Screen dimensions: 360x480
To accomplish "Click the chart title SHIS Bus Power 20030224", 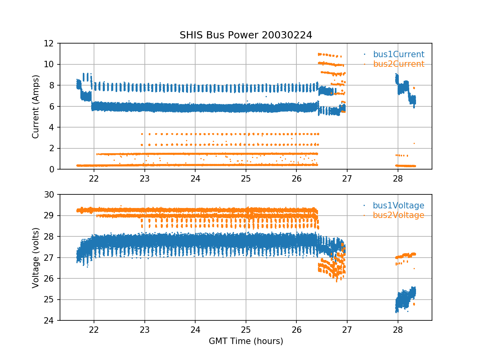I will [x=246, y=35].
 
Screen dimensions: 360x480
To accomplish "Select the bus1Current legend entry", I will [x=398, y=54].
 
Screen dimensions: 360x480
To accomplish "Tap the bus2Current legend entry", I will [x=398, y=64].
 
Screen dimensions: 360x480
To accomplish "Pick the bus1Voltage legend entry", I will [x=398, y=206].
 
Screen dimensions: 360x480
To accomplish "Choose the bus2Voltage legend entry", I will [x=398, y=215].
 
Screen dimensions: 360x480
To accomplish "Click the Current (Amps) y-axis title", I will [x=36, y=106].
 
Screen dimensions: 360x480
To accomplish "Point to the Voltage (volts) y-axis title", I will [x=36, y=258].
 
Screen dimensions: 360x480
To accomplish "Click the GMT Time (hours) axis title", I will [x=246, y=341].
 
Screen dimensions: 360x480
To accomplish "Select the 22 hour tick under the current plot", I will [x=94, y=179].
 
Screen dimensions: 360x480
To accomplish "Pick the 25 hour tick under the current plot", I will [x=246, y=179].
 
